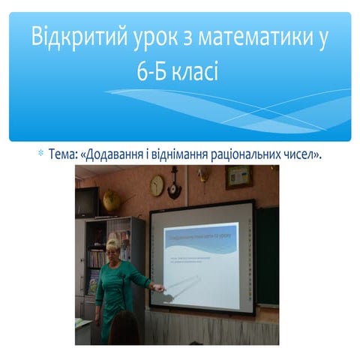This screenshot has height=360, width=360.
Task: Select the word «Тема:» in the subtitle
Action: pyautogui.click(x=64, y=154)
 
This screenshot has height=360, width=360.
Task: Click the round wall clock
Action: pyautogui.click(x=157, y=185)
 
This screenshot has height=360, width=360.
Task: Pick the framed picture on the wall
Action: pyautogui.click(x=238, y=177)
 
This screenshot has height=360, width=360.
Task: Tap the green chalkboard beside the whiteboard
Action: pyautogui.click(x=268, y=255)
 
